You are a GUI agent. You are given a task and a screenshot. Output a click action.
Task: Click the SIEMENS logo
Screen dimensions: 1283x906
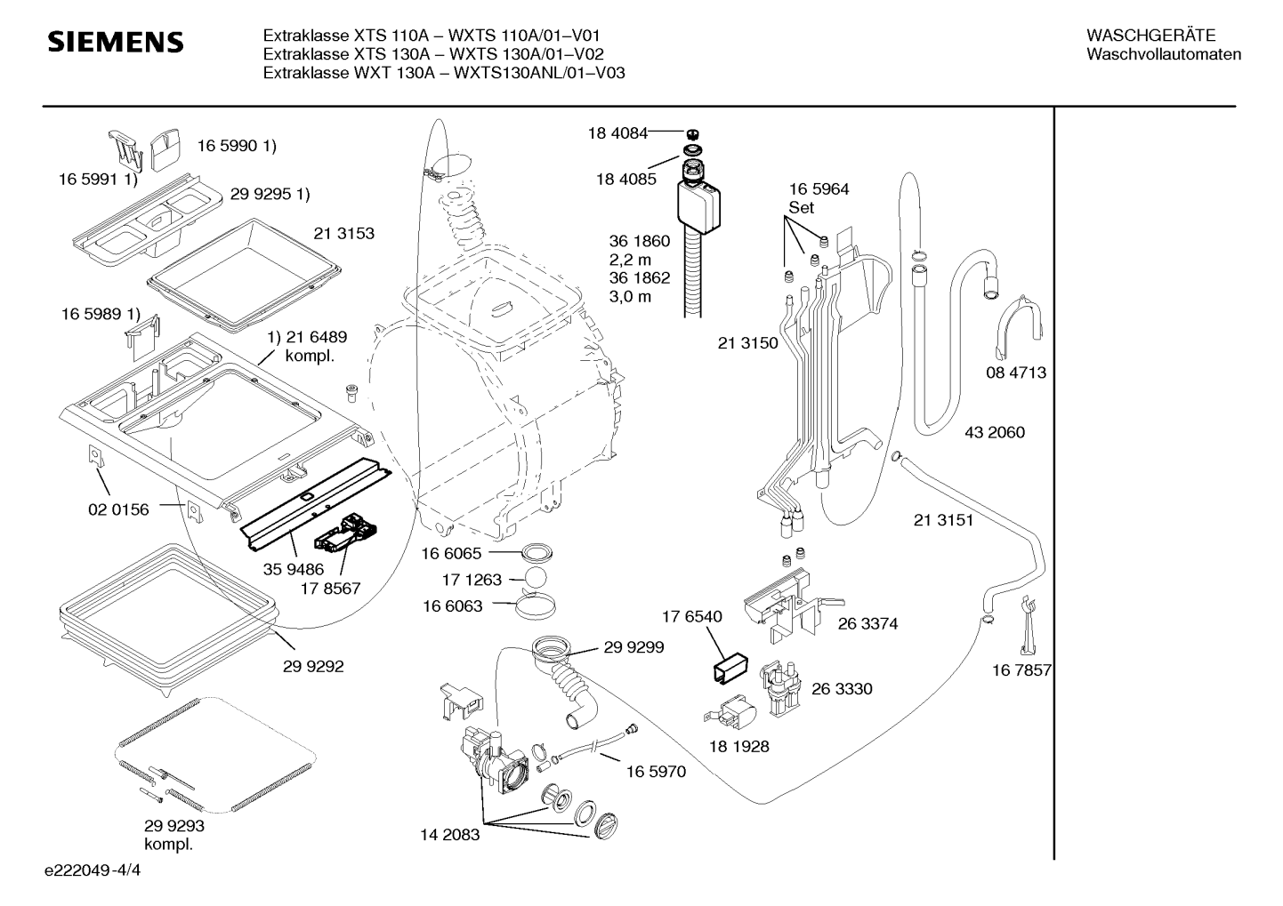point(116,42)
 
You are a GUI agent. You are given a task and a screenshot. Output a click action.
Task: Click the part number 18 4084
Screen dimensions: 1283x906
point(617,132)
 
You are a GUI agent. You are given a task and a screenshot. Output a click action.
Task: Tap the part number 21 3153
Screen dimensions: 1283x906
point(343,233)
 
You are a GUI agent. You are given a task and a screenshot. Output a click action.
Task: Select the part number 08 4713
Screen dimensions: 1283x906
point(1015,373)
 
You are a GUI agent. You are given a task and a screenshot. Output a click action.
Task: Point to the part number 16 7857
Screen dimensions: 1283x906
point(1021,669)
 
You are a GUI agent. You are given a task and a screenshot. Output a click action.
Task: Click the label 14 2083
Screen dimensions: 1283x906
point(449,835)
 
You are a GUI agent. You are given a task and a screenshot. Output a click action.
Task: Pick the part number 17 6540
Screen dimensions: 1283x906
point(692,616)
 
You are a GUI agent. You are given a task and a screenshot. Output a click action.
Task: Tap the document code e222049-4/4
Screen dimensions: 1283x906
point(93,870)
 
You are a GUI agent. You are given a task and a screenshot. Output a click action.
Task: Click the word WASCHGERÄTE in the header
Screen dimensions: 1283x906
point(1150,36)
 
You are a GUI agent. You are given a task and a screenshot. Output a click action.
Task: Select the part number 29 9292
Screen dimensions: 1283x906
point(313,666)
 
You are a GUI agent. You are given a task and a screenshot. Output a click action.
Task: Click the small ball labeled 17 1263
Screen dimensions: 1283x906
point(536,579)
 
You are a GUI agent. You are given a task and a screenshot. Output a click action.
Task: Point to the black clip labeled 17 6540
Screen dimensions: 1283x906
point(730,667)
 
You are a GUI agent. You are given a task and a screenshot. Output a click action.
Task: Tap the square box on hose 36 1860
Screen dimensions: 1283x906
point(698,206)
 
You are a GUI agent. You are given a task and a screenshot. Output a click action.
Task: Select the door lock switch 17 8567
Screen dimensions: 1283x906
point(345,534)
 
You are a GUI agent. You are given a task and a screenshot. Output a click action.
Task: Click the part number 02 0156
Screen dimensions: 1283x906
point(118,509)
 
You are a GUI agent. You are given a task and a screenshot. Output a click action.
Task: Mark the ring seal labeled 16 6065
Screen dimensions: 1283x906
point(537,553)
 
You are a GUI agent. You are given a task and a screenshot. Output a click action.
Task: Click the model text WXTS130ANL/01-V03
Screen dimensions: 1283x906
point(539,73)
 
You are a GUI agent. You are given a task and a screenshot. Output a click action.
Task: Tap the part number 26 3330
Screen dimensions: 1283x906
point(842,688)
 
